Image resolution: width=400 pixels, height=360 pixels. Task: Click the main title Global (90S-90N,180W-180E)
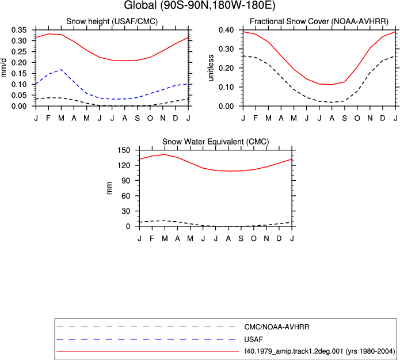point(200,5)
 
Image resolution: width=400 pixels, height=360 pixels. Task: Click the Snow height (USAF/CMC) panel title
point(112,21)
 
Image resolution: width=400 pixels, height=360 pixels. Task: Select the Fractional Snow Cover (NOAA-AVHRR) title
point(319,21)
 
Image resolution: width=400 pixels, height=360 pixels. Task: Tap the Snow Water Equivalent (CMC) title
point(216,142)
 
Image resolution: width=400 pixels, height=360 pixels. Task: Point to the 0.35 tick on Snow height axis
point(19,30)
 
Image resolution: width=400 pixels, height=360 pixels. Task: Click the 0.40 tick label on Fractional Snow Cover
point(226,30)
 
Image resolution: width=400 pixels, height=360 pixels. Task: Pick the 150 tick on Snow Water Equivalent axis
point(124,150)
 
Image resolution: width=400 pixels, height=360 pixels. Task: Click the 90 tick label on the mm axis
point(126,180)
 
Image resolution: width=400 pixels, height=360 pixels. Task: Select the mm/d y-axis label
point(3,67)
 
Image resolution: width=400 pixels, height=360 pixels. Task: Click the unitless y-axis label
point(211,68)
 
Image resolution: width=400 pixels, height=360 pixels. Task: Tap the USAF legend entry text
point(253,339)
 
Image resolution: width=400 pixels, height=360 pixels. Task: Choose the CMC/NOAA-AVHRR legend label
point(277,327)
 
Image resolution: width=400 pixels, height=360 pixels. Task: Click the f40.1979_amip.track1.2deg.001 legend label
point(294,351)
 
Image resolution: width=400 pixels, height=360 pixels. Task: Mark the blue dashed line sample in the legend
point(146,339)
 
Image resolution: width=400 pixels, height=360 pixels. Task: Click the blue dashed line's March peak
point(61,70)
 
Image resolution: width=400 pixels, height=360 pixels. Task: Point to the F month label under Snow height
point(48,118)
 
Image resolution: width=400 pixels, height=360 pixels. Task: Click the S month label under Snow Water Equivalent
point(241,238)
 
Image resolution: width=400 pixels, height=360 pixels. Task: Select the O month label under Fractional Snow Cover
point(357,118)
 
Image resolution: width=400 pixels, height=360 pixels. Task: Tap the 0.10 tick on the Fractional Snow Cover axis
point(226,87)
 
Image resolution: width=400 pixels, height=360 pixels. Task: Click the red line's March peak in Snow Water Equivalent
point(165,154)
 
